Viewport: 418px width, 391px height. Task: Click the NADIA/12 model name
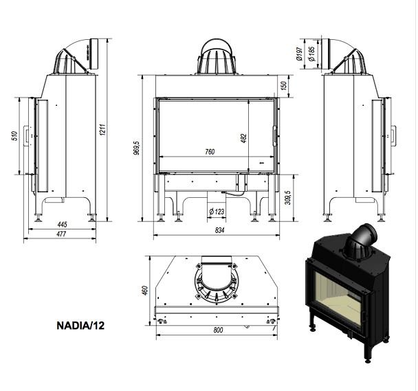[80, 326]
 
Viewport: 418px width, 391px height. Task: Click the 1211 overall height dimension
[103, 130]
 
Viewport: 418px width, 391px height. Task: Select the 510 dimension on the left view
[15, 135]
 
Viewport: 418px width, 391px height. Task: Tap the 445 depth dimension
[62, 225]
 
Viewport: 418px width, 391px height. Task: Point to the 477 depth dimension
[61, 234]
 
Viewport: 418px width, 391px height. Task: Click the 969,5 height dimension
[137, 148]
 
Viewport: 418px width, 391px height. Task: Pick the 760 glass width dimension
[210, 152]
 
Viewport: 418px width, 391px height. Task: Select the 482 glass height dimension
[243, 138]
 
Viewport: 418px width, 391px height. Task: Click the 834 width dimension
[219, 230]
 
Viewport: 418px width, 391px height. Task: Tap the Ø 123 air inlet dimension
[217, 212]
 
